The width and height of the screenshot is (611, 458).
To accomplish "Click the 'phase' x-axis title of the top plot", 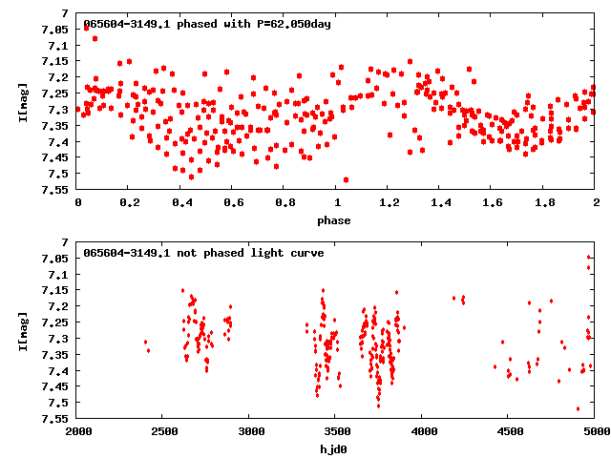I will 336,220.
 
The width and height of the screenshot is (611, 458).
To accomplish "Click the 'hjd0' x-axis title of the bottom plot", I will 336,448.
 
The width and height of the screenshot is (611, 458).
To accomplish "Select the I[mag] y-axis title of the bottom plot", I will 22,330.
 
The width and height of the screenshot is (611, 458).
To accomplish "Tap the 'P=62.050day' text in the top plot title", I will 288,24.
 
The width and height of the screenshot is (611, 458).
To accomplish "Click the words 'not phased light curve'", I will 253,253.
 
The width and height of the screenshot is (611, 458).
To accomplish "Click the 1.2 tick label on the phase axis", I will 389,203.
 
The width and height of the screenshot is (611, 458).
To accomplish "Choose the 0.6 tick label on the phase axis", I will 233,203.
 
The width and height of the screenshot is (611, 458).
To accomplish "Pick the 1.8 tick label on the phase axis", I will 544,203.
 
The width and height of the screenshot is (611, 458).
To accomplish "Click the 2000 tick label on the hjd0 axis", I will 78,432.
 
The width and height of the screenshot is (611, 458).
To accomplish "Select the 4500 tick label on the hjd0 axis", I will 508,432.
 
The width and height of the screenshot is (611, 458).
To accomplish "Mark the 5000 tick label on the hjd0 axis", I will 594,432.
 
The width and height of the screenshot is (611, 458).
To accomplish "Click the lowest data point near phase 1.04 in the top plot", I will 346,179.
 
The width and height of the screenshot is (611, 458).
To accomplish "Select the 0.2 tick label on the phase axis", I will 130,203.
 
